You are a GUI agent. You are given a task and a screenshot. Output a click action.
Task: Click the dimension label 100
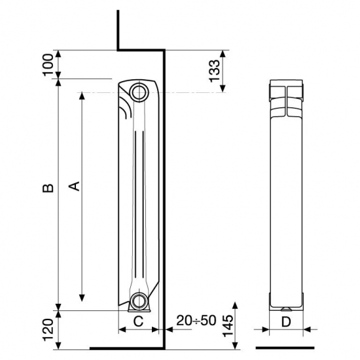click(48, 65)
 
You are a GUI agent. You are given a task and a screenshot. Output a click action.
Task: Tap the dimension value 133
click(214, 71)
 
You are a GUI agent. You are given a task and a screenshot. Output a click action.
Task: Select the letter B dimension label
click(48, 188)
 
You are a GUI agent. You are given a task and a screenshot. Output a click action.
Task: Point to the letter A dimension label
click(75, 186)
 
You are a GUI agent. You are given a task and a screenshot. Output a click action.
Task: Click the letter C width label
click(139, 321)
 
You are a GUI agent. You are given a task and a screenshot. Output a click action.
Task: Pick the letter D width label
click(286, 322)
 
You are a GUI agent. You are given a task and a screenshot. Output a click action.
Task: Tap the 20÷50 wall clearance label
click(196, 320)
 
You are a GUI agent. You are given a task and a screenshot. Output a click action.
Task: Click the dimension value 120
click(48, 330)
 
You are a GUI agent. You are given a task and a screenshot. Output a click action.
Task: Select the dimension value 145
click(228, 325)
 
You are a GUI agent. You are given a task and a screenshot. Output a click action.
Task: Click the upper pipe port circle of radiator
click(139, 92)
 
